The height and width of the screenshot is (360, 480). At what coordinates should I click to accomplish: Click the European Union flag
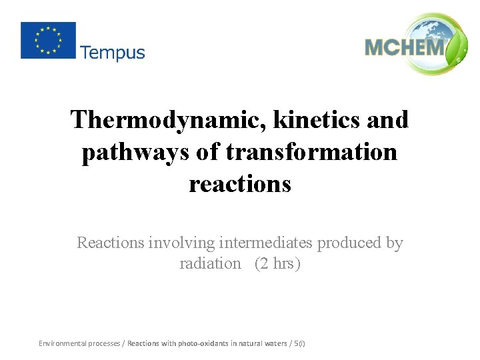(48, 40)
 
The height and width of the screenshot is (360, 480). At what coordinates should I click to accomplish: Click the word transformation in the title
(311, 152)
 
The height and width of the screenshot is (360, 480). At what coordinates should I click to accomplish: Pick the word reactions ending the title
(240, 183)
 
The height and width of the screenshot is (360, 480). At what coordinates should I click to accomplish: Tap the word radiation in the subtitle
(210, 263)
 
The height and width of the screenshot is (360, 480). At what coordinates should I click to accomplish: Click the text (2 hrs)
(278, 263)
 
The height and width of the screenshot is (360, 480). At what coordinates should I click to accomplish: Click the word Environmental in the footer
(62, 343)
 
